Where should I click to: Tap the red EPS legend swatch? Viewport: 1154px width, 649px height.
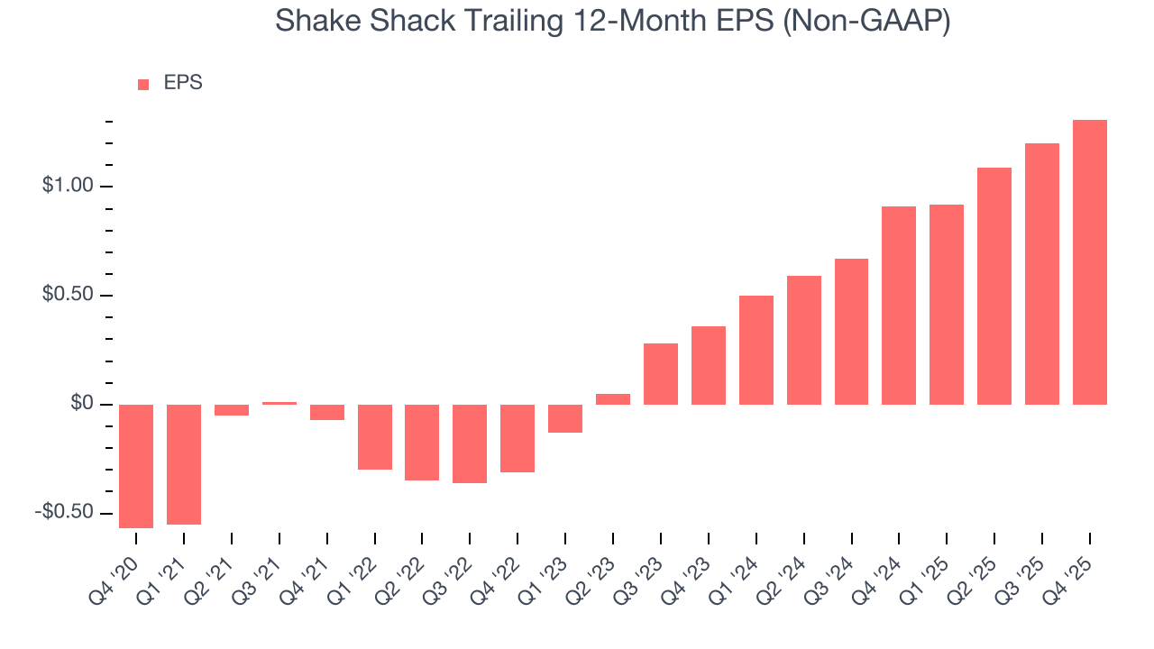(x=143, y=84)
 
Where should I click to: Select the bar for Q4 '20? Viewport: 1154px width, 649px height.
(x=136, y=466)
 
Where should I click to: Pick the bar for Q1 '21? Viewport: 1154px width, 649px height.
(x=184, y=464)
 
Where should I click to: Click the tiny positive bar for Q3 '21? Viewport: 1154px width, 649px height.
(x=279, y=403)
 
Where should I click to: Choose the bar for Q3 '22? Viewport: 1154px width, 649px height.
(x=470, y=443)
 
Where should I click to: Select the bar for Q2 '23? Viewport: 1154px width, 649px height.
(x=613, y=399)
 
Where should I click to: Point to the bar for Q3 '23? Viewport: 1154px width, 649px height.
(x=661, y=374)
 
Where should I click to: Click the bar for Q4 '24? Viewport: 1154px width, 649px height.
(x=899, y=306)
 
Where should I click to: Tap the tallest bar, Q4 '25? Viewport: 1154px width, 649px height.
(x=1090, y=262)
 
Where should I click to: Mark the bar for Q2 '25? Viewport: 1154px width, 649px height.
(x=994, y=286)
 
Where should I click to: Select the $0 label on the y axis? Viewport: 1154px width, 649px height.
(x=82, y=404)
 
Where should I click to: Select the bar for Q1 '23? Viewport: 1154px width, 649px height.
(x=565, y=418)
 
